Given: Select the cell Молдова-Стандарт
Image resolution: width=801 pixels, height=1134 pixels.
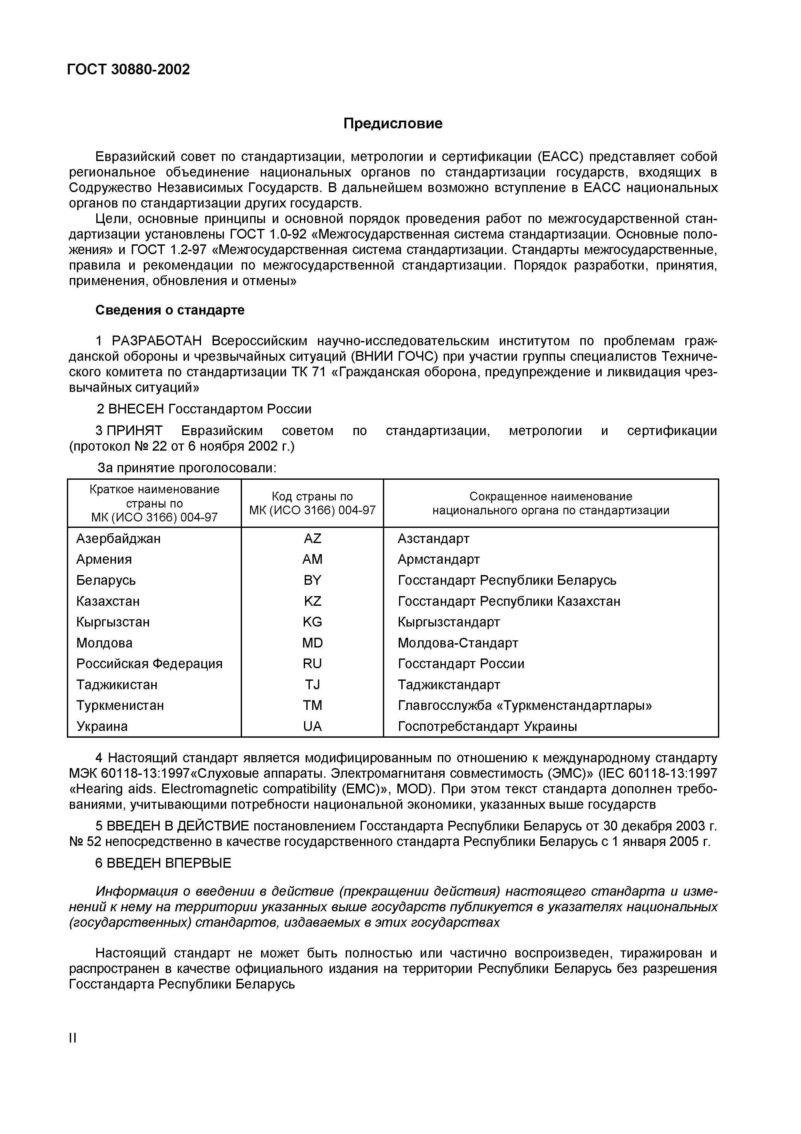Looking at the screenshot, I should pos(458,643).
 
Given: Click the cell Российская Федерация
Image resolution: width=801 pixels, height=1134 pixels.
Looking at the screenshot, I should pos(149,664).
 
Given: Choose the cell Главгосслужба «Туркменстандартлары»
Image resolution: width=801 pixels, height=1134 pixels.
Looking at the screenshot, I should pos(525,705).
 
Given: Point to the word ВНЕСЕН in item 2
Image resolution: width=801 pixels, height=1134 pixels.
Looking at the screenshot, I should pos(136,409).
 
